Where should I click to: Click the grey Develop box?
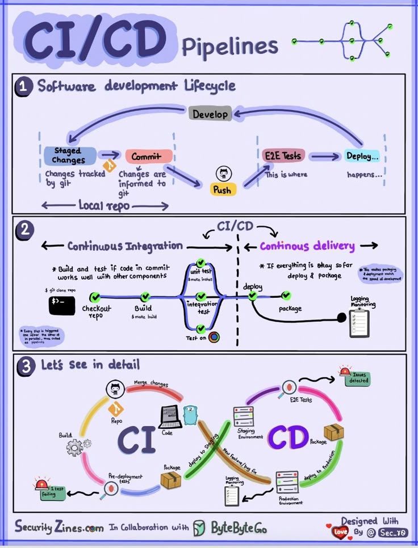(210, 113)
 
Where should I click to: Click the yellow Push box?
(222, 189)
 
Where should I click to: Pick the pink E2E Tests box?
(283, 155)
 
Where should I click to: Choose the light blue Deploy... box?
(362, 156)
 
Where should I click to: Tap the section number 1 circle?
(23, 87)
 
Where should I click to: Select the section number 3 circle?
(25, 365)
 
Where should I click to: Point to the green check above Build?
(145, 296)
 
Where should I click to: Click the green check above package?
(286, 296)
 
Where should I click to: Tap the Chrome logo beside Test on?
(214, 337)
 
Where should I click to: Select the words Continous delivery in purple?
(307, 246)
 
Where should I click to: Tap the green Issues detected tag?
(358, 380)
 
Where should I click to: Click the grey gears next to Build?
(78, 447)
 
